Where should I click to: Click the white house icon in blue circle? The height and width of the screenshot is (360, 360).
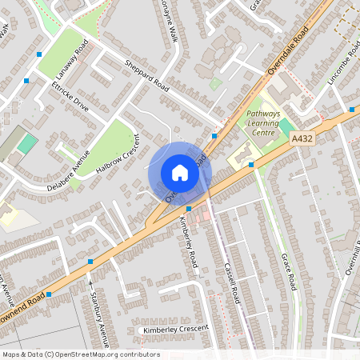(x=180, y=173)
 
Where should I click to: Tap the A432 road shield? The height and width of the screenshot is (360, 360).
(x=302, y=138)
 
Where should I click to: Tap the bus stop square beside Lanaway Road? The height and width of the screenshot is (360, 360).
(x=39, y=54)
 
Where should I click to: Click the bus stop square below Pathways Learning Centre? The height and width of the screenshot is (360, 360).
(x=251, y=165)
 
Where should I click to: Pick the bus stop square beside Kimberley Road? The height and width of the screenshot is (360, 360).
(x=188, y=207)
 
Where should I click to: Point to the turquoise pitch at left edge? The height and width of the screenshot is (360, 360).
(x=27, y=144)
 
